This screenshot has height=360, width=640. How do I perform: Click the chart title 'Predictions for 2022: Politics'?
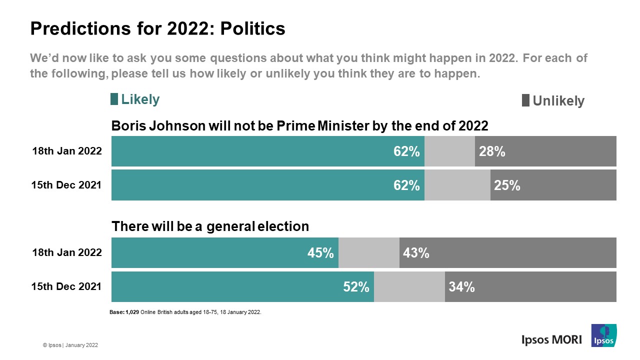click(x=157, y=28)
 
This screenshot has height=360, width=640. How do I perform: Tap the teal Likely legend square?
click(x=114, y=99)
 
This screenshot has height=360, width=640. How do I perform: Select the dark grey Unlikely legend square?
click(x=525, y=100)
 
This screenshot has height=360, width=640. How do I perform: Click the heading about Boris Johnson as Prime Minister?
click(x=299, y=126)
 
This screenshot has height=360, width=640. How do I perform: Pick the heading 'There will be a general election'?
click(x=210, y=226)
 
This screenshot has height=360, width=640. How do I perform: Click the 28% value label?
click(x=492, y=151)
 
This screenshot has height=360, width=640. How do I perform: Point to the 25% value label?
click(x=507, y=185)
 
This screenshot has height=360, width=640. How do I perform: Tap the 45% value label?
click(x=320, y=253)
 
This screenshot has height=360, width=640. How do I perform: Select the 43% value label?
click(x=416, y=253)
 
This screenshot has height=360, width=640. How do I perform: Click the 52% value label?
click(x=356, y=287)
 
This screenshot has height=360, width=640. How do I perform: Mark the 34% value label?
click(x=461, y=287)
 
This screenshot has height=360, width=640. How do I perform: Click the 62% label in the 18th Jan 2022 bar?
click(x=406, y=151)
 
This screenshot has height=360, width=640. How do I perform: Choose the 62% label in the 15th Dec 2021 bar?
click(x=406, y=185)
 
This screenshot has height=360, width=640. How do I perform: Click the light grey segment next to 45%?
click(x=369, y=253)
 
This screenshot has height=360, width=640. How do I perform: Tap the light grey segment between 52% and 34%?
click(x=409, y=287)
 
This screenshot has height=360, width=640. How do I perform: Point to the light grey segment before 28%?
click(x=449, y=151)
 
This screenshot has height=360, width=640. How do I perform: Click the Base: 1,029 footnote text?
click(x=185, y=312)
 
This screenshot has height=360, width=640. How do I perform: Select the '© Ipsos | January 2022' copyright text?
click(x=70, y=345)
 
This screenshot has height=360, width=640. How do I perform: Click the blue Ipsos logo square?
click(x=604, y=335)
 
